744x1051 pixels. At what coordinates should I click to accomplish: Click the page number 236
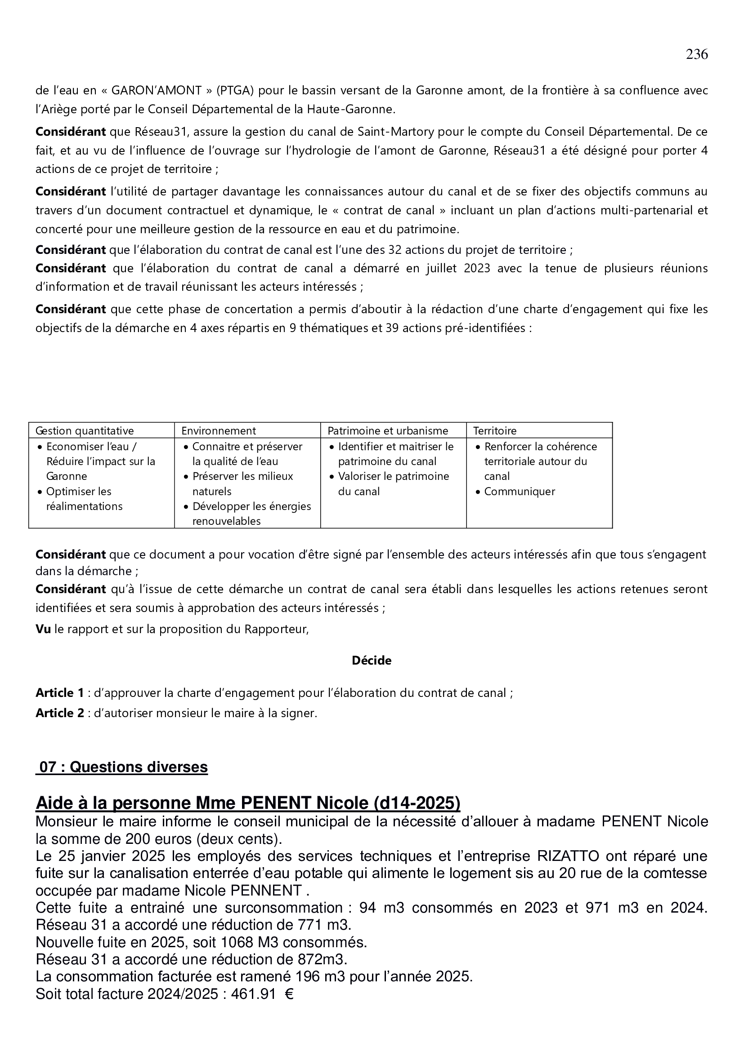pos(696,54)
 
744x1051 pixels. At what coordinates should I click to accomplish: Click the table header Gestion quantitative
pos(85,431)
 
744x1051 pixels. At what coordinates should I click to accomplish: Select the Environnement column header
pos(219,431)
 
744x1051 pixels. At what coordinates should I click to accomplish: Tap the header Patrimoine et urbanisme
pos(388,431)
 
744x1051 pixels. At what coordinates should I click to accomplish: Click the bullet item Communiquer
pos(520,492)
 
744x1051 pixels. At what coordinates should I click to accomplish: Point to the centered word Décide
pos(372,661)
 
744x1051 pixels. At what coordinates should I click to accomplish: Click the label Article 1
pos(59,693)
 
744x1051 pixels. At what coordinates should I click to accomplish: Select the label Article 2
pos(59,713)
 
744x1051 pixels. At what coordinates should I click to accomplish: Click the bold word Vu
pos(43,630)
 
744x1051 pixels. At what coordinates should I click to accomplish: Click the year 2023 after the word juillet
pos(477,268)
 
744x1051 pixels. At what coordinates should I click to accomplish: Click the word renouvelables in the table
pos(226,521)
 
